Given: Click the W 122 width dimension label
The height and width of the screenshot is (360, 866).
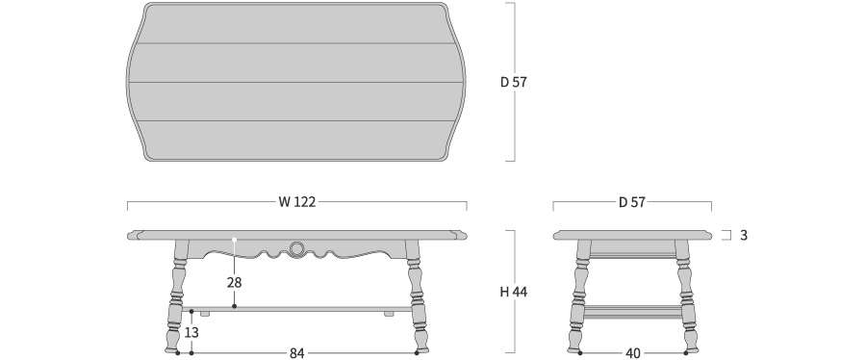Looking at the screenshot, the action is click(x=296, y=202).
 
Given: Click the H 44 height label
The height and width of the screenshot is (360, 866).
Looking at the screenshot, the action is click(x=513, y=292).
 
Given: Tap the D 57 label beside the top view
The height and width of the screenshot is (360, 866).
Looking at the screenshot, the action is click(x=514, y=82).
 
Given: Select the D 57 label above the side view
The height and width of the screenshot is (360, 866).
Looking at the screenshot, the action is click(x=632, y=202).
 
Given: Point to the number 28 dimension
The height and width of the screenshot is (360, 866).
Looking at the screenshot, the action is click(x=234, y=283).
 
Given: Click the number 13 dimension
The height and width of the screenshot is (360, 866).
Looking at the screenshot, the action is click(x=191, y=332).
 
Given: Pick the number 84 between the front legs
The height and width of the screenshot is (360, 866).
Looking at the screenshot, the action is click(x=297, y=353).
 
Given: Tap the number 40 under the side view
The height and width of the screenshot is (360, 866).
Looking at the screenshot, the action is click(x=633, y=353).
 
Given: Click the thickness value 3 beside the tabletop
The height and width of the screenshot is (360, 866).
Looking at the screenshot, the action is click(x=744, y=235).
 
